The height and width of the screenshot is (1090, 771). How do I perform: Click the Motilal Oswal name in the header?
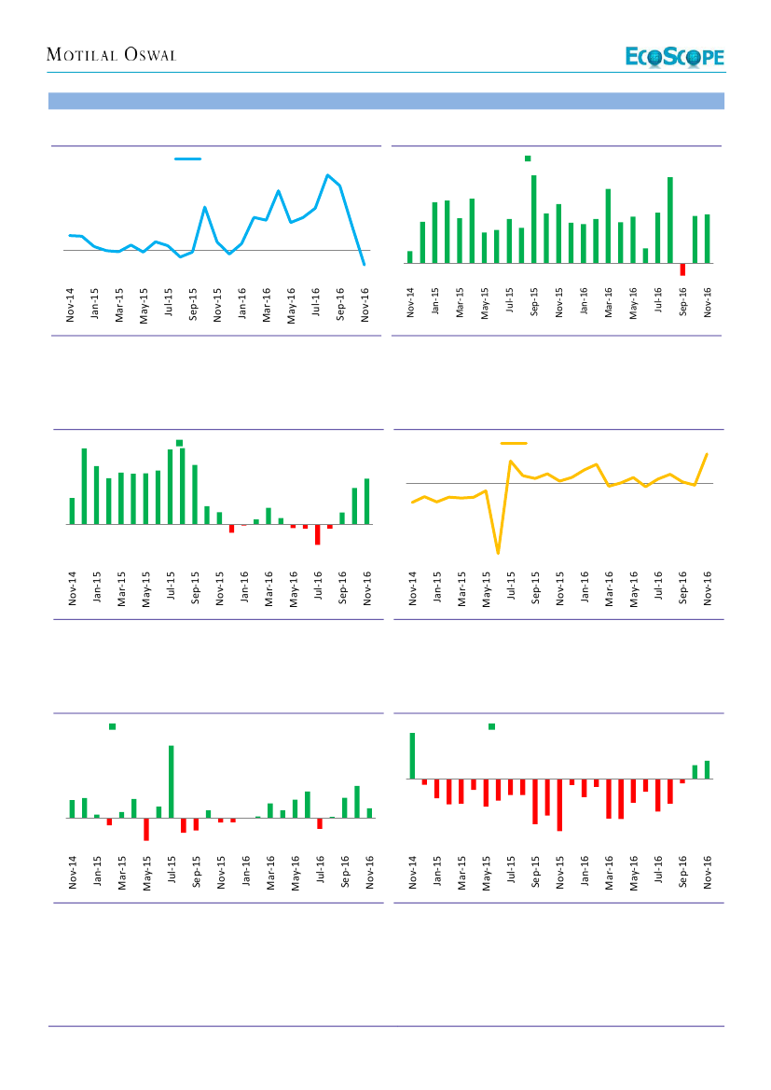click(111, 55)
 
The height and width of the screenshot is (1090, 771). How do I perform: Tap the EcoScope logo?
click(674, 57)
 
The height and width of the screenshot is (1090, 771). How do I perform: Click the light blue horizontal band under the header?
click(386, 101)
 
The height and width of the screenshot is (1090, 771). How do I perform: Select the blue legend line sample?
click(188, 159)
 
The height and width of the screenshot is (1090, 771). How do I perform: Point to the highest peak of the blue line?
click(327, 175)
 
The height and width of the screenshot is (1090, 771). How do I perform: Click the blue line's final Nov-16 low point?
click(364, 265)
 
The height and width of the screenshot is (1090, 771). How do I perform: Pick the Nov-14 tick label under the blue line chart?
click(71, 305)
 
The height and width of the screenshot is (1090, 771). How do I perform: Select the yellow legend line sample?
click(514, 443)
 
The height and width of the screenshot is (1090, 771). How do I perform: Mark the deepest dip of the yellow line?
click(498, 553)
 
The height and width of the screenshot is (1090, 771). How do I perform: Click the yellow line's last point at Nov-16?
click(708, 454)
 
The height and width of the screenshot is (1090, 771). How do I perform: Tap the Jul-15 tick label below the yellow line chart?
click(511, 589)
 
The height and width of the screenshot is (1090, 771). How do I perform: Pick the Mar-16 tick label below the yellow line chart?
click(610, 589)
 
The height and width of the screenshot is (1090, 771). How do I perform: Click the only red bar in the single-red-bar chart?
click(682, 269)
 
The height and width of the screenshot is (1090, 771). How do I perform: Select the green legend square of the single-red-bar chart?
click(528, 159)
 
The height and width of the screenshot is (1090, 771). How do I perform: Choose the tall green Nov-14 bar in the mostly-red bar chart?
click(412, 755)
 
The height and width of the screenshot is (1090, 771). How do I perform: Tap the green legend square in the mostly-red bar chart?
click(491, 726)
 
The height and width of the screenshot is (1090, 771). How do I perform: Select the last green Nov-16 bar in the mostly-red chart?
click(708, 769)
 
